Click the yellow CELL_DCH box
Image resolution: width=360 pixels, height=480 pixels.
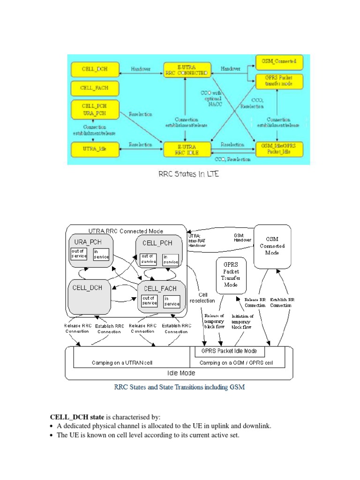pyautogui.click(x=94, y=69)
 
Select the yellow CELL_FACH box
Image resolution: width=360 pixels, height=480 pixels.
pyautogui.click(x=94, y=88)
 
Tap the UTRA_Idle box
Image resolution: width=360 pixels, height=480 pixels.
pyautogui.click(x=94, y=149)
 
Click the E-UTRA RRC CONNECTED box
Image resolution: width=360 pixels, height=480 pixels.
pyautogui.click(x=186, y=69)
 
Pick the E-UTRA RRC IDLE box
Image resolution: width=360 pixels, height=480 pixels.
pyautogui.click(x=186, y=149)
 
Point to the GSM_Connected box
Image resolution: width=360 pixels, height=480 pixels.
pyautogui.click(x=279, y=62)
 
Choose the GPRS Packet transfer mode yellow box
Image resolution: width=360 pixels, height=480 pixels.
pyautogui.click(x=279, y=82)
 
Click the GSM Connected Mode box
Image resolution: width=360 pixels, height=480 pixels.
pyautogui.click(x=272, y=246)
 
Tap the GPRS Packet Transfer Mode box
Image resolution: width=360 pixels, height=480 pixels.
pyautogui.click(x=231, y=275)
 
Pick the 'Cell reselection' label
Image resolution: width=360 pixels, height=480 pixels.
pyautogui.click(x=202, y=298)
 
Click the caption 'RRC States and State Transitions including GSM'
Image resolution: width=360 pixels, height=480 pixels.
pyautogui.click(x=180, y=387)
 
